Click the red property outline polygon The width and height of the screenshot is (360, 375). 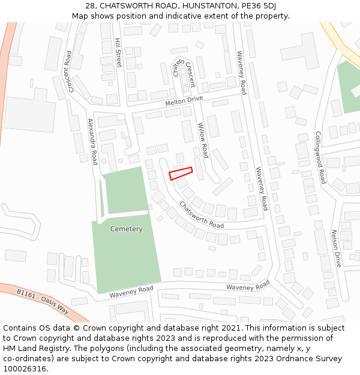pyautogui.click(x=181, y=173)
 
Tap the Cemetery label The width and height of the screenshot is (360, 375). pyautogui.click(x=127, y=229)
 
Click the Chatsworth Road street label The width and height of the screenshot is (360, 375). pyautogui.click(x=202, y=215)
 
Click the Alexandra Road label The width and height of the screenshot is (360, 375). pyautogui.click(x=93, y=141)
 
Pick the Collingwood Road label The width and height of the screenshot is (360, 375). pyautogui.click(x=320, y=157)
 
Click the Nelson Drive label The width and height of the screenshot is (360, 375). pyautogui.click(x=337, y=248)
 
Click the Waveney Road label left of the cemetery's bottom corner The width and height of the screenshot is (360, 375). pyautogui.click(x=131, y=292)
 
